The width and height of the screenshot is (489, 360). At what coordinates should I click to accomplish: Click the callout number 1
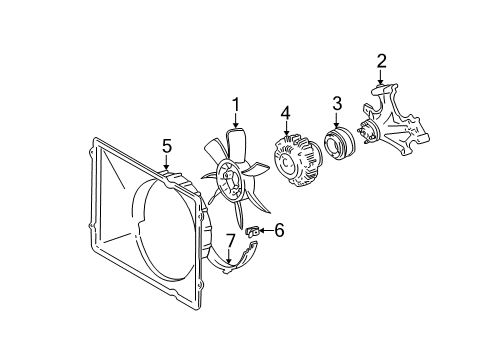pos(236,103)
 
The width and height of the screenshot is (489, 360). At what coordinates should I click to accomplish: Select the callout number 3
pos(337,103)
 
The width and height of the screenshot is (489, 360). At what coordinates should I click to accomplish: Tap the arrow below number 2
pos(381,81)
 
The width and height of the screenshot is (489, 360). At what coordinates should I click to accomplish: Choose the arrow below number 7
pos(228,258)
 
